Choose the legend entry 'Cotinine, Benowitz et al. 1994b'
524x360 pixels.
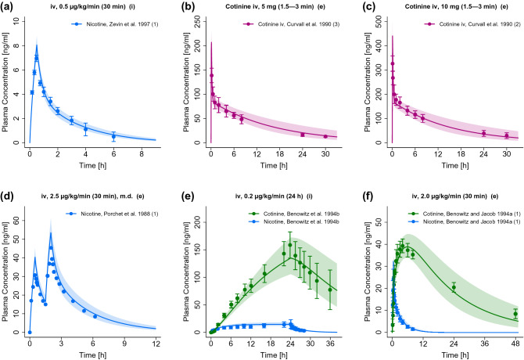[286, 202]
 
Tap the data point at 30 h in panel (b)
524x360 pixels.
[325, 136]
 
